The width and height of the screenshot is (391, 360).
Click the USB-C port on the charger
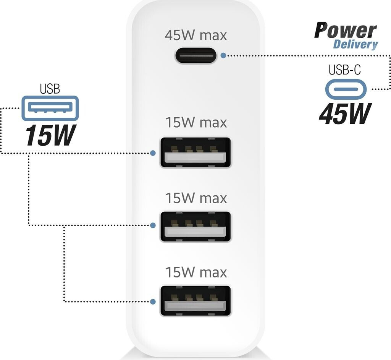[x=195, y=55]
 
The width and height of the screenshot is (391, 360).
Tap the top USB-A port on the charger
[x=195, y=152]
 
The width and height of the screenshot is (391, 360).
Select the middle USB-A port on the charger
[x=195, y=226]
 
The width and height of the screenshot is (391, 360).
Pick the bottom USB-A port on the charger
[x=195, y=301]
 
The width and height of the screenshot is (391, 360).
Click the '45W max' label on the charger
[x=195, y=35]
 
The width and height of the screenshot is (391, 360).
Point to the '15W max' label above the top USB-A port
[x=195, y=123]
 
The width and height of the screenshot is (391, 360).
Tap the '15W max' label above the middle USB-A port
[x=195, y=198]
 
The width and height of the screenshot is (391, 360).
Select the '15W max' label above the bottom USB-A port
[x=195, y=272]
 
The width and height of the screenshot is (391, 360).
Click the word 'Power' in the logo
[x=345, y=30]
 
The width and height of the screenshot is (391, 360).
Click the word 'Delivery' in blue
[x=355, y=44]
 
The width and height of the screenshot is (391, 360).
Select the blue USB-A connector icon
[x=50, y=108]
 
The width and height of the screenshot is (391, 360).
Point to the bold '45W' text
[x=345, y=114]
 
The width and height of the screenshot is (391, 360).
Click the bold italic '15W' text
[x=49, y=135]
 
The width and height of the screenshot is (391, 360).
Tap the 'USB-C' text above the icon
[x=344, y=70]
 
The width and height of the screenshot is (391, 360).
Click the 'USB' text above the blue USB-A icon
[x=50, y=89]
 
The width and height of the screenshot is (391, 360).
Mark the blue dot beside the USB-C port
[x=223, y=55]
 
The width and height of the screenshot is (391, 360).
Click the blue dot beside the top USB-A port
[x=153, y=153]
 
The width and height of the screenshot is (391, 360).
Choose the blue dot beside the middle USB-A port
[x=153, y=225]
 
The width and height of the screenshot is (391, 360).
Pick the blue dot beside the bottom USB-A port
[x=153, y=302]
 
